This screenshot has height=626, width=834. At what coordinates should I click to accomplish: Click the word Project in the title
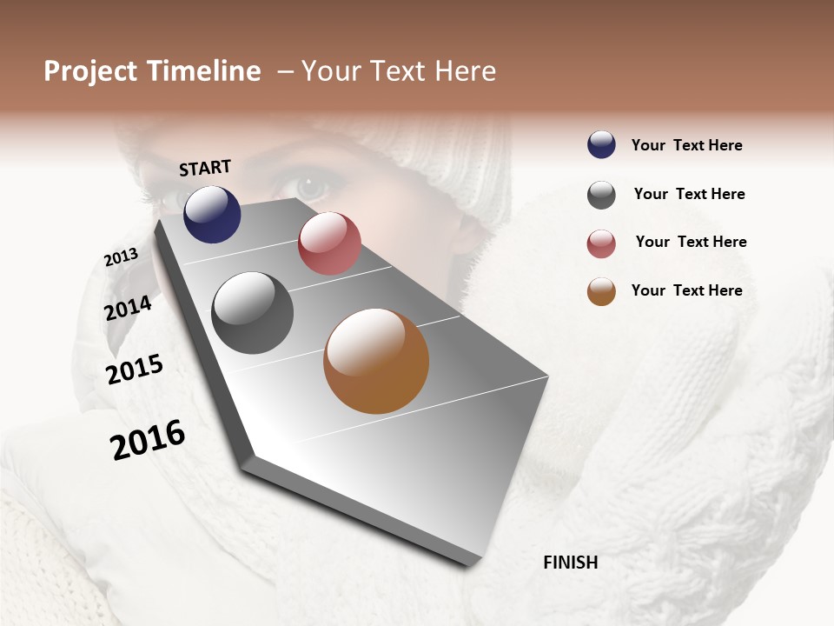click(90, 71)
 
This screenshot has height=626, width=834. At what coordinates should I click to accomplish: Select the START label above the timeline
click(205, 168)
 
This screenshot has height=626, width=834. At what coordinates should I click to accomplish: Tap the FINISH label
click(571, 563)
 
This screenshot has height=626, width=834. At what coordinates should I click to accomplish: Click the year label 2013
click(121, 257)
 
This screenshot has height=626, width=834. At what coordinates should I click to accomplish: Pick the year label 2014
click(129, 308)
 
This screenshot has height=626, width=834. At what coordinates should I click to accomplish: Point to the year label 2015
click(135, 370)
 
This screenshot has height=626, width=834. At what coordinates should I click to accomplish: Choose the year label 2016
click(148, 439)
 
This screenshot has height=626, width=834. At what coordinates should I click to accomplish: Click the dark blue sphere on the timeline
click(212, 214)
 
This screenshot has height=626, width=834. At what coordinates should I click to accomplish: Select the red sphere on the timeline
click(329, 243)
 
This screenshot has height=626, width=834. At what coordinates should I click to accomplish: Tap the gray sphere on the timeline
click(252, 313)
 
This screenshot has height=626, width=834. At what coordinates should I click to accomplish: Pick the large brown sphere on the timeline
click(376, 361)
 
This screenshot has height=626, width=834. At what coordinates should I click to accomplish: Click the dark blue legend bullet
click(601, 144)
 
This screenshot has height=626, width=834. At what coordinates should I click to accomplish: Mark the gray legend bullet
click(601, 195)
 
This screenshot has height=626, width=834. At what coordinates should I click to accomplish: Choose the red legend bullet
click(601, 243)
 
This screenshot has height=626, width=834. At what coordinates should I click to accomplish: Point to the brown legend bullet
click(601, 292)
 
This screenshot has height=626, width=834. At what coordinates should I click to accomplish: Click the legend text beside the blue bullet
click(686, 145)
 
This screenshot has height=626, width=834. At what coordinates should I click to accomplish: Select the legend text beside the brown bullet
click(686, 290)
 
